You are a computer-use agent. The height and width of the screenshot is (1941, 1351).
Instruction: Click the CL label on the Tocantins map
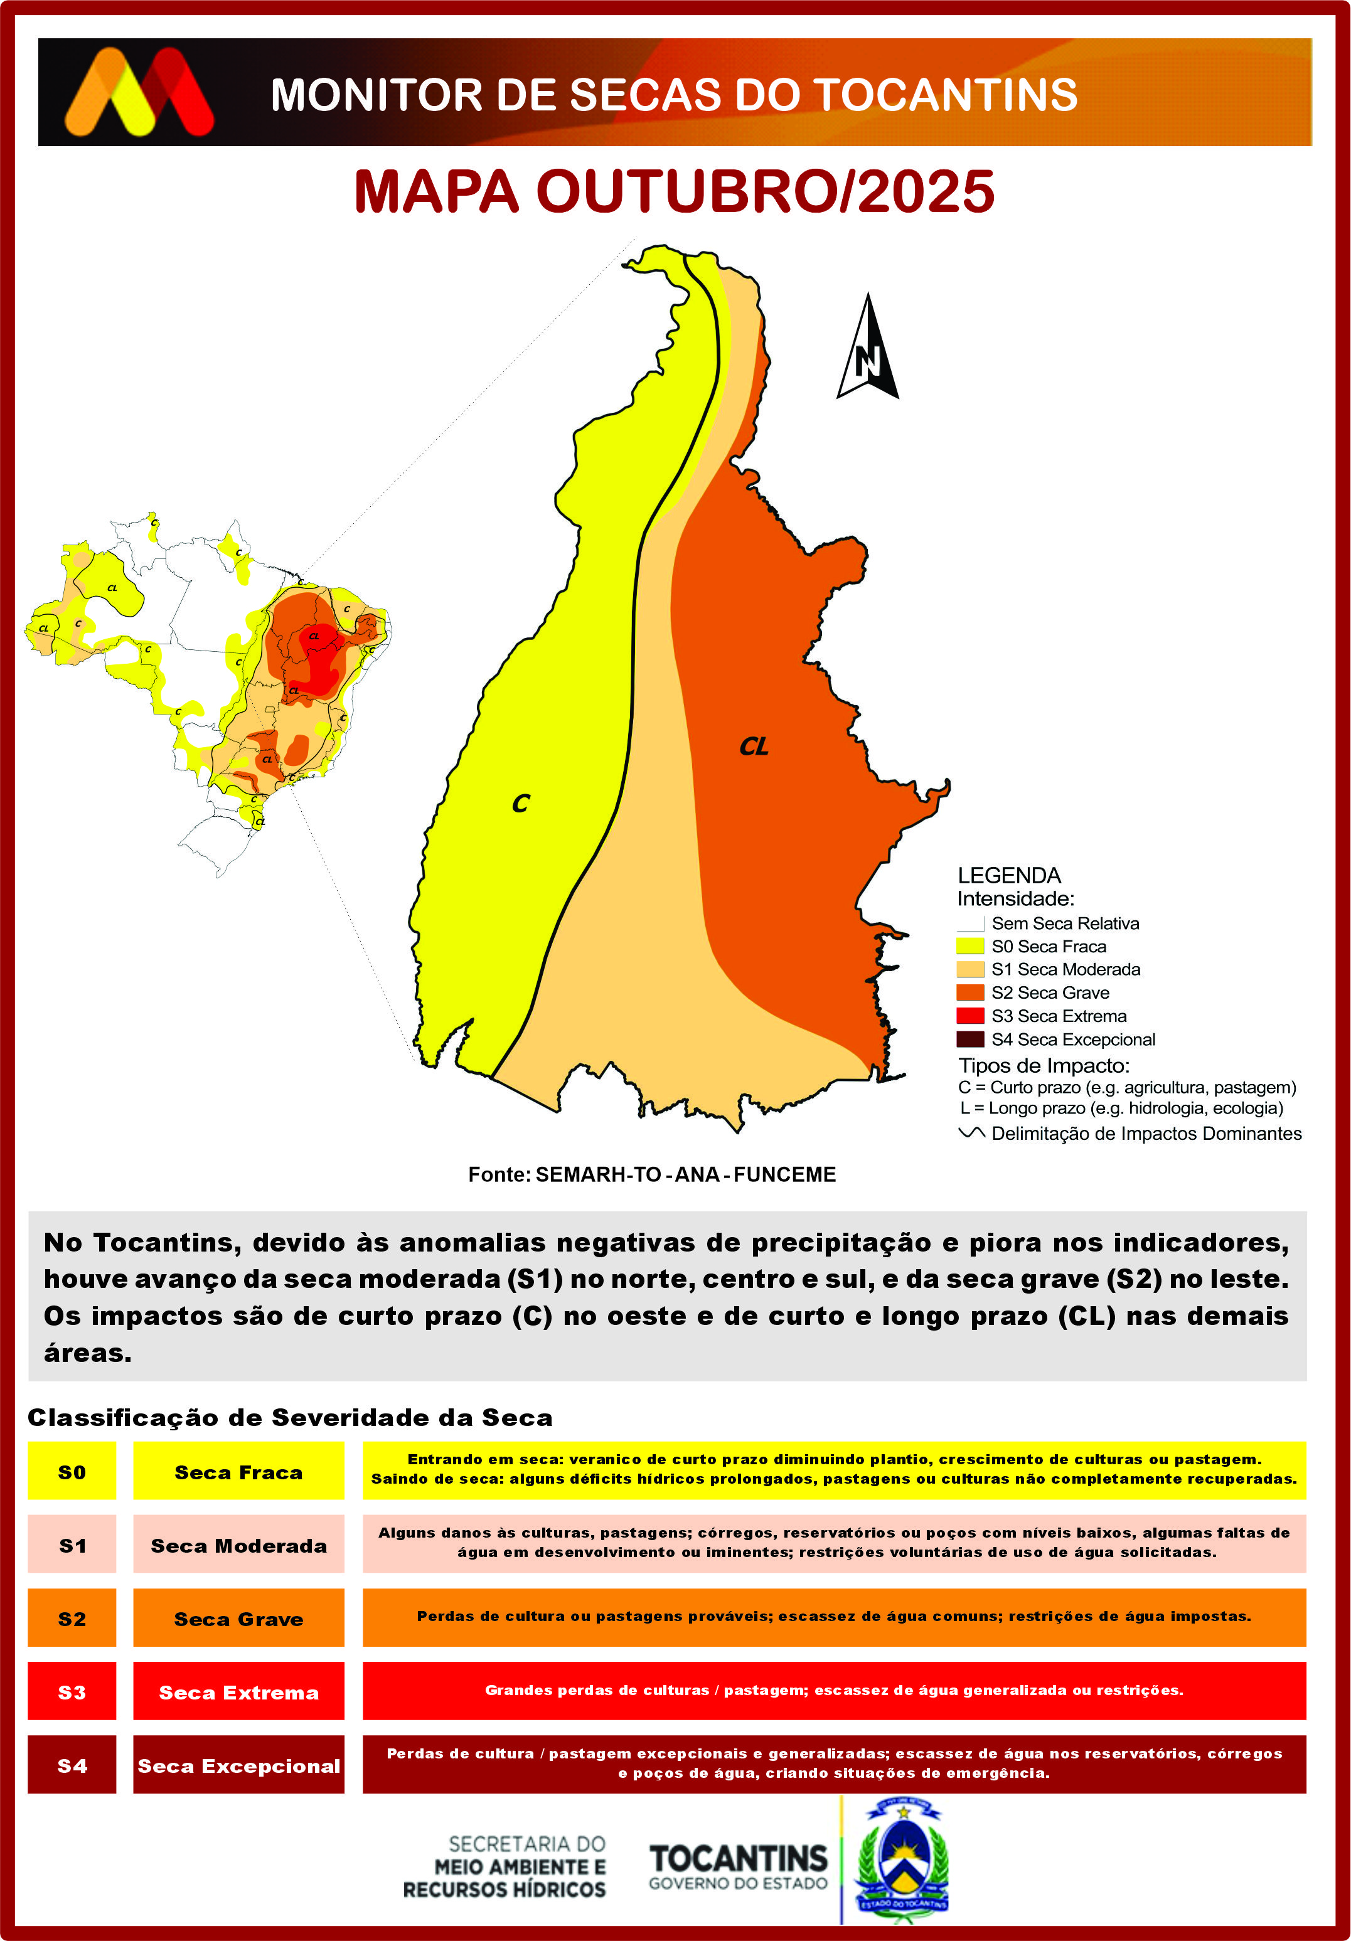tap(753, 747)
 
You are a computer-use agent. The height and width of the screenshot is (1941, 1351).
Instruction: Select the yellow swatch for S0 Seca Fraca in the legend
tap(969, 946)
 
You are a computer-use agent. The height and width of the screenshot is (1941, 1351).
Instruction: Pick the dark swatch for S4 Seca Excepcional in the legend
tap(969, 1039)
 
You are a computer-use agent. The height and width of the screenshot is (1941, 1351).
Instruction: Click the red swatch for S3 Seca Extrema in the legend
tap(969, 1015)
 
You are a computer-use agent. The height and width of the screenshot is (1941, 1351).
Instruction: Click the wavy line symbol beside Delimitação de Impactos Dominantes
tap(971, 1133)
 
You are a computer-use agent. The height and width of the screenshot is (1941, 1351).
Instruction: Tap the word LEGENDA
tap(1008, 875)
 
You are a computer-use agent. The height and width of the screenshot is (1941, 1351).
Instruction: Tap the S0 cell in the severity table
tap(72, 1472)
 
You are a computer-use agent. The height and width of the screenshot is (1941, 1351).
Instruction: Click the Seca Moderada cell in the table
tap(238, 1545)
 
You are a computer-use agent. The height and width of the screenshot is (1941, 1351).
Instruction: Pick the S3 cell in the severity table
tap(72, 1691)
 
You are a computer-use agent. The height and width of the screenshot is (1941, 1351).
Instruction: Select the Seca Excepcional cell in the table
tap(238, 1765)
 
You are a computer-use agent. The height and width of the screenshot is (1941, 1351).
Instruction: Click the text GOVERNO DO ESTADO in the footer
tap(737, 1883)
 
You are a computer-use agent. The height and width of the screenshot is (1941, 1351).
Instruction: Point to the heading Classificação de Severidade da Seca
tap(290, 1418)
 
